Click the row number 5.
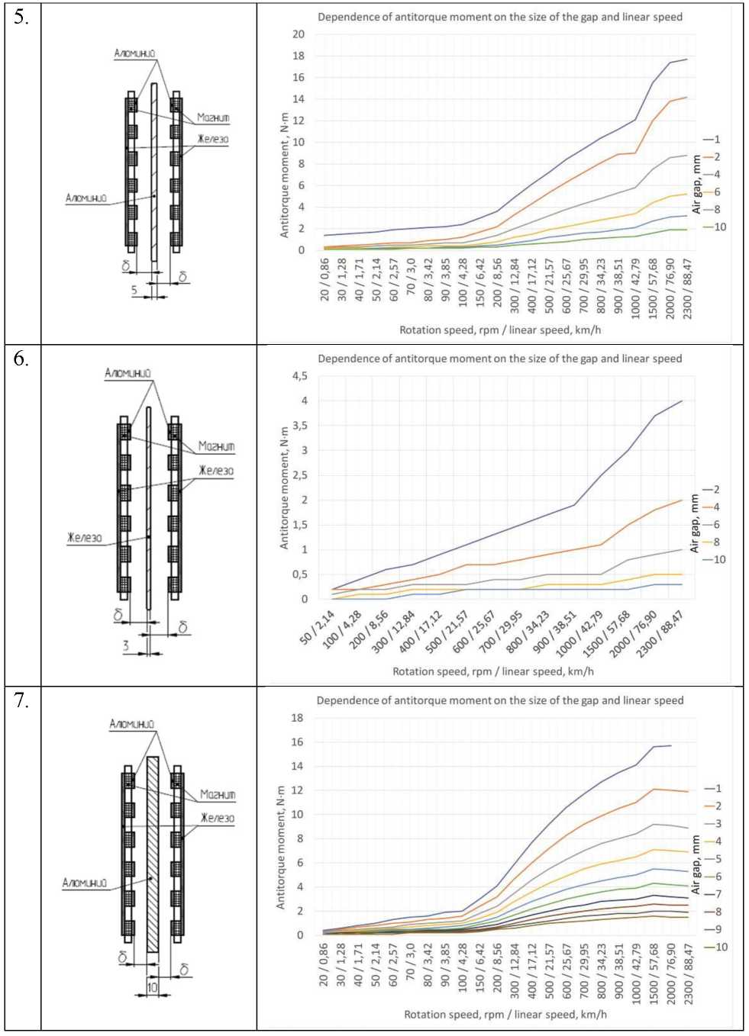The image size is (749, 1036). (21, 18)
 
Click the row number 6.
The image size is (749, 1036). (21, 359)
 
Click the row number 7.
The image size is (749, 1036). (21, 700)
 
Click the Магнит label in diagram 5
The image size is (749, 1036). (213, 117)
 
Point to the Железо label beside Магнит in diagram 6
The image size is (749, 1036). (216, 471)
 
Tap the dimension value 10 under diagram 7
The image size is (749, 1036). (153, 987)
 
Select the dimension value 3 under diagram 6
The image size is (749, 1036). (127, 646)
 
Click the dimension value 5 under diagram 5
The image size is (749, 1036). (134, 290)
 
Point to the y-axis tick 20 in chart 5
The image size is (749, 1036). (298, 34)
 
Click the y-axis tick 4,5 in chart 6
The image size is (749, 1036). (300, 376)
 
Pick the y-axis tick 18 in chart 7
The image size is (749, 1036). (297, 718)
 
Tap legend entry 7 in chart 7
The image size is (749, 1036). (718, 894)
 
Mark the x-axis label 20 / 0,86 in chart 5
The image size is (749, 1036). (325, 279)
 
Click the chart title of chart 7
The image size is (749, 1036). (500, 700)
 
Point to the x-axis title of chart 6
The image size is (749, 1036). (493, 671)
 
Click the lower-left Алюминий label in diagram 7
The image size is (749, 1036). (85, 883)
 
